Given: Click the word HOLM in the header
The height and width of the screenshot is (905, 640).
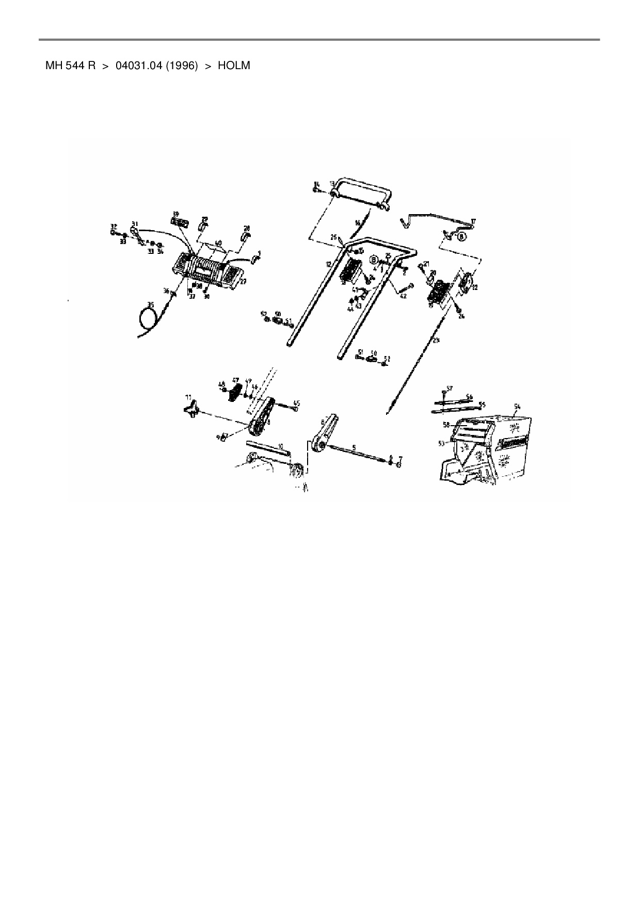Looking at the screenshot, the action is point(234,66).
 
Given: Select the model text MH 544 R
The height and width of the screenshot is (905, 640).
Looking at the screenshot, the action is point(70,66).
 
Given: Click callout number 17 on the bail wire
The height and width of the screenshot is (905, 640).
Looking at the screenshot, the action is point(473,221).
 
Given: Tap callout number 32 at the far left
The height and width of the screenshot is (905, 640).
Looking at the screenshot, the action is point(113,226).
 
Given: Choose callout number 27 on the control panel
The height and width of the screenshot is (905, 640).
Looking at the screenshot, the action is point(243,281).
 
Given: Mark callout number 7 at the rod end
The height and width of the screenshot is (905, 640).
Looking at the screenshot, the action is point(400,458).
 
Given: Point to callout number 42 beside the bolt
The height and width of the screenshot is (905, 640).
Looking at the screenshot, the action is point(403,296).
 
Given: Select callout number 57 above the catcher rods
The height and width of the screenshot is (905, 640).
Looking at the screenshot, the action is point(449,387).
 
